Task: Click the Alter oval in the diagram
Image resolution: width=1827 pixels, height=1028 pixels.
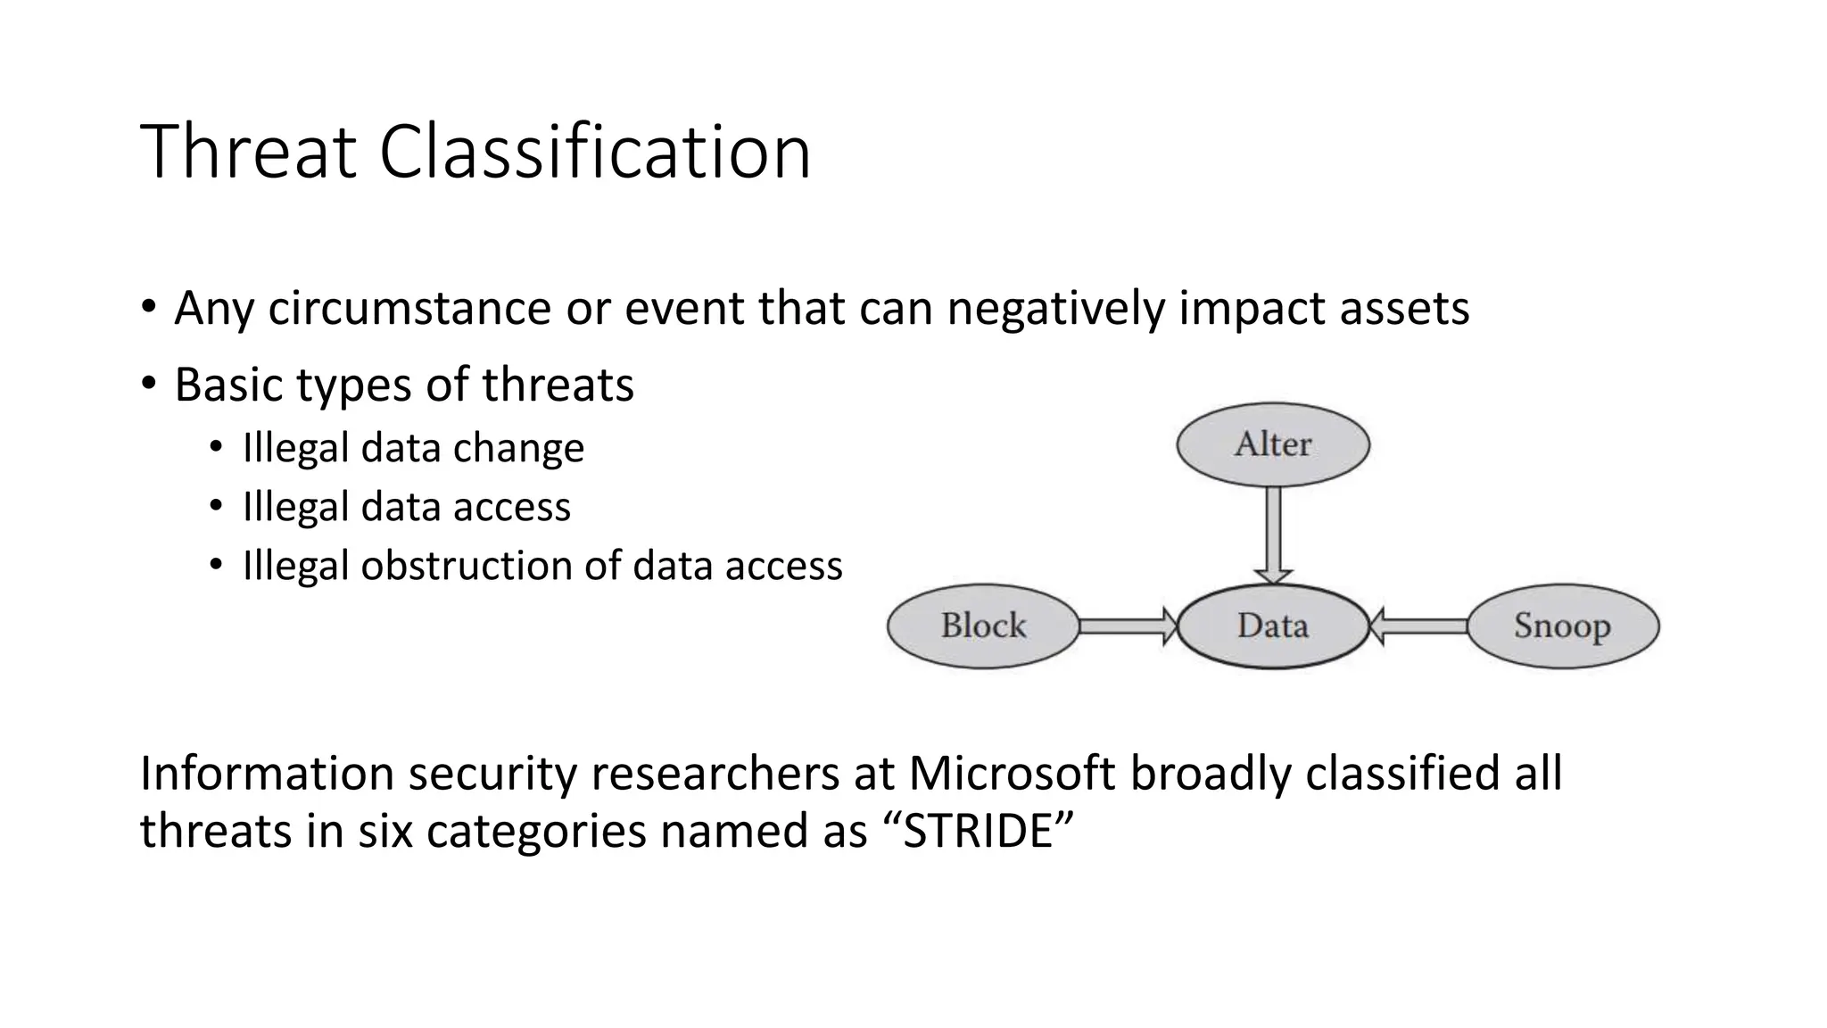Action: [1273, 444]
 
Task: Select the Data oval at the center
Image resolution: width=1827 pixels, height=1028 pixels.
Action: [1273, 626]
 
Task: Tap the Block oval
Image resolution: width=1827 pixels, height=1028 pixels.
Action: [983, 626]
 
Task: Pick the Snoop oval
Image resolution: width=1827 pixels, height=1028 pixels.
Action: [1562, 626]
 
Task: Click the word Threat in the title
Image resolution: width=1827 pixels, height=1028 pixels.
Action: [248, 152]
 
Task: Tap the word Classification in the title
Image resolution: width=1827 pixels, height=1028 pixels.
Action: [594, 152]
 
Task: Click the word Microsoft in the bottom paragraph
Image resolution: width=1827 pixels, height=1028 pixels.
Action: [1012, 773]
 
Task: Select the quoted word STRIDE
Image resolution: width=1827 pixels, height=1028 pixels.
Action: [979, 831]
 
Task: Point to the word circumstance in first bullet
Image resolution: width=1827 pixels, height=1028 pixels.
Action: [409, 309]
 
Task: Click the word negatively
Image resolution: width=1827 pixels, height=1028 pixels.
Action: [1055, 309]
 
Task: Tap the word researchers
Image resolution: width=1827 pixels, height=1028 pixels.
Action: [714, 773]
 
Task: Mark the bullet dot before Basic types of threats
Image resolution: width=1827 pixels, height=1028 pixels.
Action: [148, 385]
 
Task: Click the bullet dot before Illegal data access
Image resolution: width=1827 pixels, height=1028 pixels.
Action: [216, 507]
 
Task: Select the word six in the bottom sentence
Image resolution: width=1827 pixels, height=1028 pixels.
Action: [385, 831]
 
